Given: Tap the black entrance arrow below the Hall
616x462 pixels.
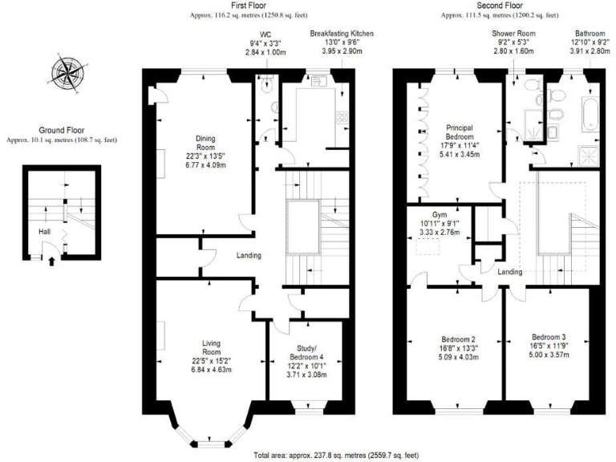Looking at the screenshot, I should [54, 260].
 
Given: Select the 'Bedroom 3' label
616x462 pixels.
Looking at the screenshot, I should [549, 336].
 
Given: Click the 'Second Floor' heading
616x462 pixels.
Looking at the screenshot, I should [493, 6].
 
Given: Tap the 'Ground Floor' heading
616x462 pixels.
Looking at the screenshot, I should [61, 130].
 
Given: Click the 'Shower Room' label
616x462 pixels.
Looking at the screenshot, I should [513, 34].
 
